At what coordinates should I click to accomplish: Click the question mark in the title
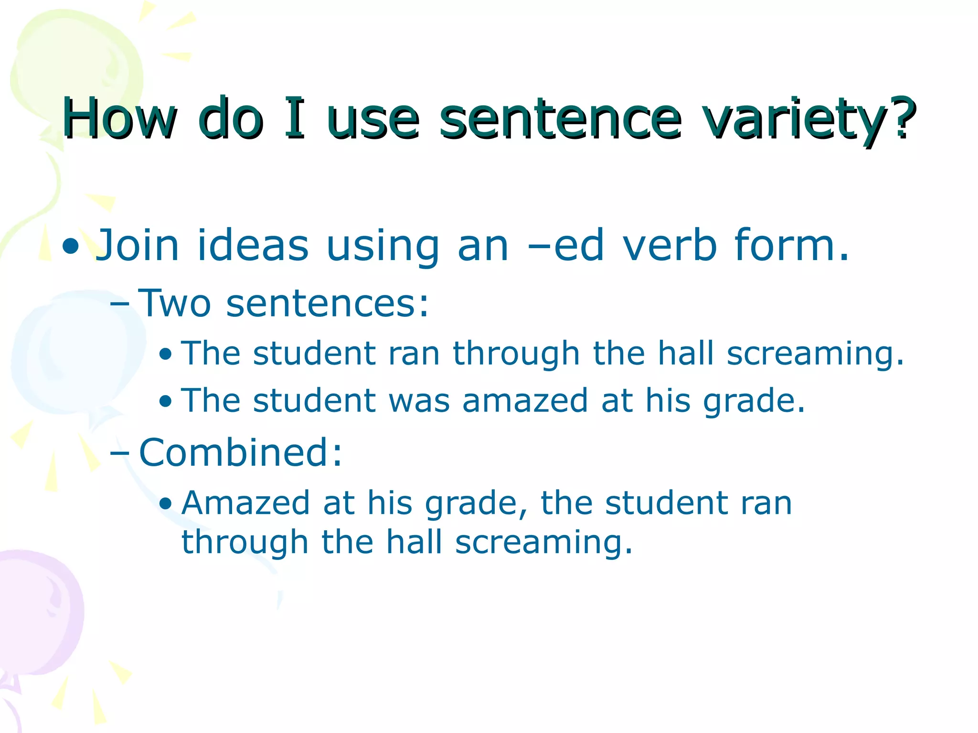902,117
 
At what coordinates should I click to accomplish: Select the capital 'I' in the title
294,117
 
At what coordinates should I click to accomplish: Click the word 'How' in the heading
119,118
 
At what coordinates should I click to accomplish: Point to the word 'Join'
138,245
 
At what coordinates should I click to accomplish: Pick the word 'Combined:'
241,452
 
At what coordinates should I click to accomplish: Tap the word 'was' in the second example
419,400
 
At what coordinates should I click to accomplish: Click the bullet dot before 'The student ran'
166,355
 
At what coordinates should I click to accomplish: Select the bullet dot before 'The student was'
166,401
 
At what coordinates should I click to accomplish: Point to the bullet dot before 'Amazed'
166,504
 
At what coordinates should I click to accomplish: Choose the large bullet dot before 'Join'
71,246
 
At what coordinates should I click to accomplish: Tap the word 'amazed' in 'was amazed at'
525,400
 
